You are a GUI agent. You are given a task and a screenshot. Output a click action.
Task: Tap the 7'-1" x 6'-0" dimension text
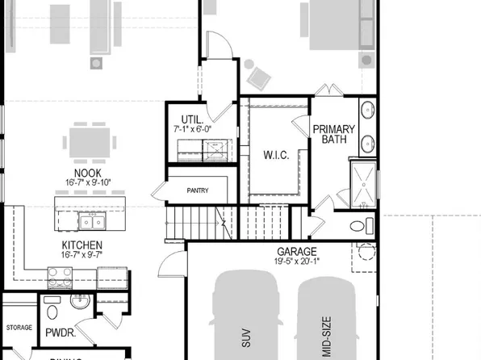coord(193,128)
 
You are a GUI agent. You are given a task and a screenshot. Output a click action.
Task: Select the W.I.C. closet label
coord(277,153)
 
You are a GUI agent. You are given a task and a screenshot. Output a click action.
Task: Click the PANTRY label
coord(197,191)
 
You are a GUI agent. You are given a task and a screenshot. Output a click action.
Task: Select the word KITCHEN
coord(82,245)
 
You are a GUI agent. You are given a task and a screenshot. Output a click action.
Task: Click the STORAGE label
coord(19,328)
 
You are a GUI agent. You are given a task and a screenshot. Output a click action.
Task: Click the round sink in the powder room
coord(80,302)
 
